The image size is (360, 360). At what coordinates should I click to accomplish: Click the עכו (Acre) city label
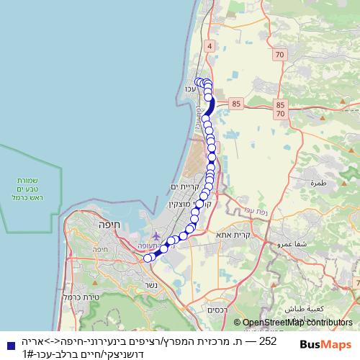[191, 89]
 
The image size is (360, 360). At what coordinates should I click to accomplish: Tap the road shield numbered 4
[210, 46]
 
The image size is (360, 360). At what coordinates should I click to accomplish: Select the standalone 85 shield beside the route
[236, 104]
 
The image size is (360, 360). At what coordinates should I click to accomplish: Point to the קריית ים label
[183, 187]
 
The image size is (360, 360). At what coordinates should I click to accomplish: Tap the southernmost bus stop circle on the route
[148, 258]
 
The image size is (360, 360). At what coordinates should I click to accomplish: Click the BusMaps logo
[325, 344]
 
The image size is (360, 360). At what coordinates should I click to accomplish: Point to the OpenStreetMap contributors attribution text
[297, 323]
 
